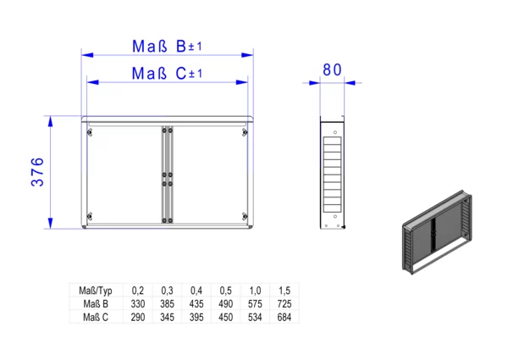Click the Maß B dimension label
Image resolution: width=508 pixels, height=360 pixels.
167,47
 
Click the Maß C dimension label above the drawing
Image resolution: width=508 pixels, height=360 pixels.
167,74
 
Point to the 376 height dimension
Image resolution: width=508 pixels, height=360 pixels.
37,172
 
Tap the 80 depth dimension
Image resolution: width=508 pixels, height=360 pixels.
332,70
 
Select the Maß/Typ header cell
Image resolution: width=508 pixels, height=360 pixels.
96,291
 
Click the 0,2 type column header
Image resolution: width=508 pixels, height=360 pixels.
138,291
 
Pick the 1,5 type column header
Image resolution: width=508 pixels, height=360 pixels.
284,291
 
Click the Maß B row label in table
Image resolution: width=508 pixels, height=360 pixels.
96,304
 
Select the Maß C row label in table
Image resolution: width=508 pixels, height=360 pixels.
96,318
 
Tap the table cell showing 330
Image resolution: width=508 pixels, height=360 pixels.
138,304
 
